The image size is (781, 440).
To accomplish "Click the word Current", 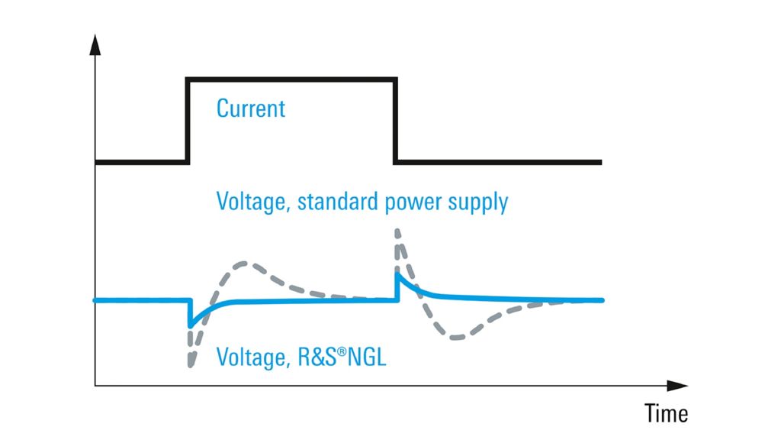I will tap(251, 108).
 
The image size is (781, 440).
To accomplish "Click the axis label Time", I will tap(666, 413).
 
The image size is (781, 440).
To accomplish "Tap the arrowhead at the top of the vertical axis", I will tap(95, 44).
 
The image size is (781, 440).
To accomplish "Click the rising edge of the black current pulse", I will tap(188, 120).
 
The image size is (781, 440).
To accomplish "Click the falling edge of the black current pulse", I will tap(396, 120).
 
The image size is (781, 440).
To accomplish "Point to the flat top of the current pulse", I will tap(292, 79).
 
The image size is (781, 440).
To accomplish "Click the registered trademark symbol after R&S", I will tap(341, 351).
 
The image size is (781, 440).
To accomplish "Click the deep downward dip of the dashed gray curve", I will tap(189, 364).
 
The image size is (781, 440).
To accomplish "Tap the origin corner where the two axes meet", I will tap(95, 386).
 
